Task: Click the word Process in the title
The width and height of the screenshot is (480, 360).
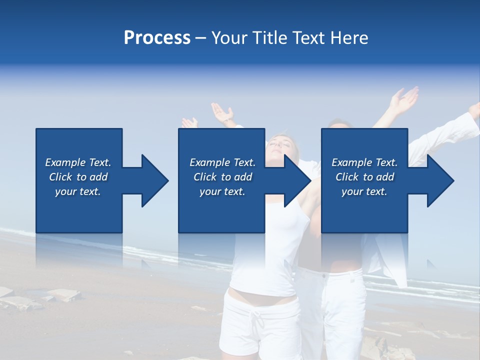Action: click(157, 38)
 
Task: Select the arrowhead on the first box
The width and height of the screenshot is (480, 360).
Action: click(153, 180)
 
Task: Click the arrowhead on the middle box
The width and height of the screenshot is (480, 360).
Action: click(296, 180)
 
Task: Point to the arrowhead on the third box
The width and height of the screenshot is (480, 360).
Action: click(439, 180)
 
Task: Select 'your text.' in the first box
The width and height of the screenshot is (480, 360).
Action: click(78, 191)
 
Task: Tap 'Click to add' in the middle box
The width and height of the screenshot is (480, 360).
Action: click(222, 177)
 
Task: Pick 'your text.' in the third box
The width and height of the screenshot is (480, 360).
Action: click(364, 191)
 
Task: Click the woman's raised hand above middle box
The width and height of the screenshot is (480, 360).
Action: click(222, 113)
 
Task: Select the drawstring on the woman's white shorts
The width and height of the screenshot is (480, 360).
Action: click(258, 320)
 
